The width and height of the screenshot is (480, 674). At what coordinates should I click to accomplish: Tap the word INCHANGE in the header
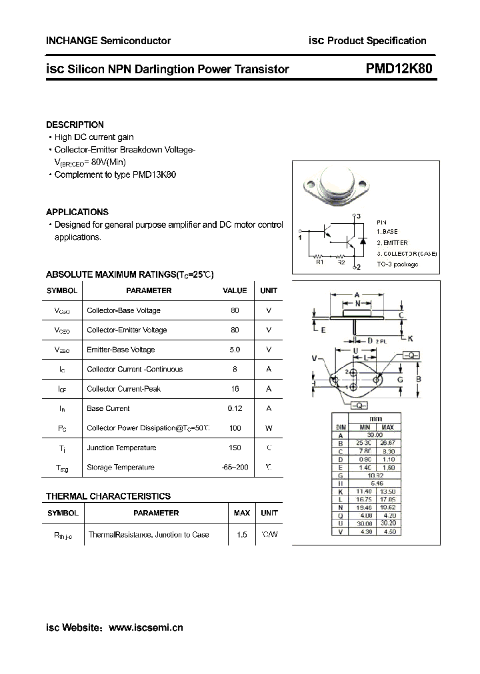point(71,41)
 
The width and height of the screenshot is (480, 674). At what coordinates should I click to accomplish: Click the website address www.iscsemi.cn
point(145,627)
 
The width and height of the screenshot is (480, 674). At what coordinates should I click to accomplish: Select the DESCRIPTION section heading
point(75,125)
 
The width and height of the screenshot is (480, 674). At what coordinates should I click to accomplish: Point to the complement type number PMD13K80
point(155,174)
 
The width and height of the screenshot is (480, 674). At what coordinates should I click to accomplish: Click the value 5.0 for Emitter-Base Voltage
point(234,350)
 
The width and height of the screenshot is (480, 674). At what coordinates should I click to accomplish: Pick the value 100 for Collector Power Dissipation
point(234,428)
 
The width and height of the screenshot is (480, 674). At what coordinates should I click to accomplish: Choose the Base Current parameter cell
point(108,408)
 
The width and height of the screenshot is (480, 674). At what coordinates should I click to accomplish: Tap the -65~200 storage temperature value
point(234,468)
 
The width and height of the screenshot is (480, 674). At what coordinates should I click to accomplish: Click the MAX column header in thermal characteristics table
point(241,513)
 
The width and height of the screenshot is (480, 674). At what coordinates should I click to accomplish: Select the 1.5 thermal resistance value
point(241,535)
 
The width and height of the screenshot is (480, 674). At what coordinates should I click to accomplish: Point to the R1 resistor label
point(320,262)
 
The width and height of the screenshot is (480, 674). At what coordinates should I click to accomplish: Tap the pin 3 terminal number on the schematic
point(358,216)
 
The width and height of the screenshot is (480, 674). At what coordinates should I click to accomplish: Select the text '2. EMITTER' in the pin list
point(392,243)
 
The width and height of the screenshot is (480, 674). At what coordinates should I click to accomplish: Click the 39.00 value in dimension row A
point(376,434)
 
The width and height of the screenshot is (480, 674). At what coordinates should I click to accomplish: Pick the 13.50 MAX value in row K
point(389,491)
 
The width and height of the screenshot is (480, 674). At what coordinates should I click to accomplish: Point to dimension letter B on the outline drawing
point(419,380)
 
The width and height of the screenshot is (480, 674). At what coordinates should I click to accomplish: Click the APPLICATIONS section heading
point(77,212)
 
